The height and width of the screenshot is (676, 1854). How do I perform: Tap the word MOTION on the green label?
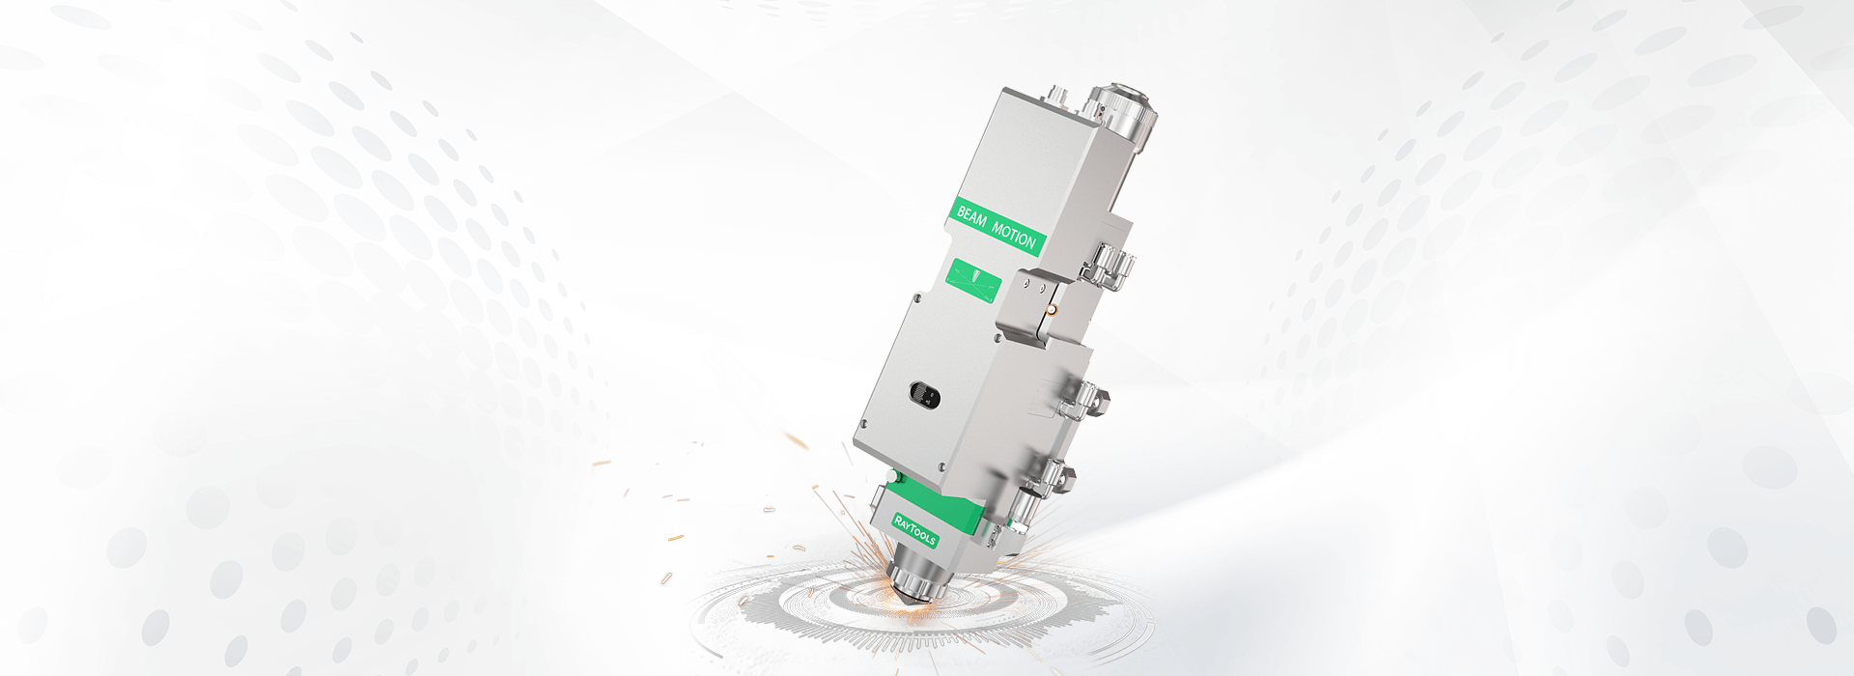[x=1014, y=235]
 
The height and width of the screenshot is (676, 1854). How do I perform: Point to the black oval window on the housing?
[x=923, y=395]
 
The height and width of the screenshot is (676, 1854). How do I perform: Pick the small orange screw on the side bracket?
[x=1053, y=310]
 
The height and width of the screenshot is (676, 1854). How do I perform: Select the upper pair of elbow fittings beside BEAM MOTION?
[x=1110, y=263]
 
